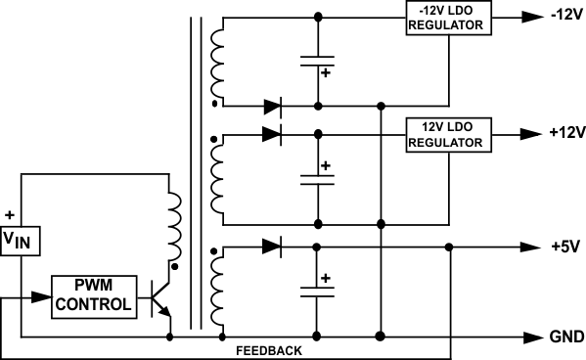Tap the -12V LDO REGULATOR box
click(446, 18)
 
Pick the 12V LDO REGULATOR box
click(446, 133)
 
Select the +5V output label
click(563, 247)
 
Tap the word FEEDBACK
click(269, 349)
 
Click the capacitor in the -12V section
click(317, 63)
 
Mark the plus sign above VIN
click(11, 213)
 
